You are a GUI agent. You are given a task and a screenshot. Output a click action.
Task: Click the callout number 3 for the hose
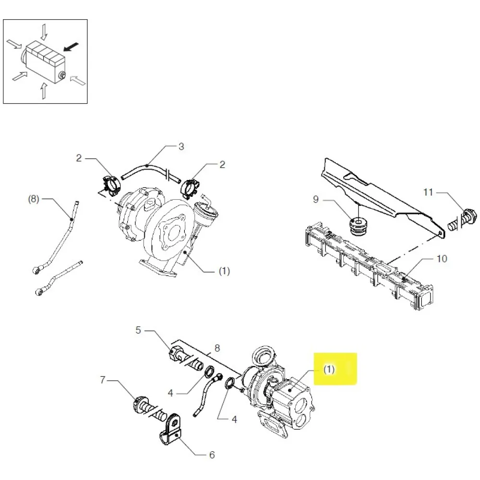[x=181, y=146]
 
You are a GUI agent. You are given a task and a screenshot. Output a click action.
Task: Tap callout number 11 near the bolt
[x=428, y=192]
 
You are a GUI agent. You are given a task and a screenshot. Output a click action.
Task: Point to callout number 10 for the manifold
[x=442, y=259]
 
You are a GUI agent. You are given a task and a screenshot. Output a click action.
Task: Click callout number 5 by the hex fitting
[x=139, y=330]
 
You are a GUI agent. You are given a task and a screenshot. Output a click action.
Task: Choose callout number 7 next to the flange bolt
[x=102, y=381]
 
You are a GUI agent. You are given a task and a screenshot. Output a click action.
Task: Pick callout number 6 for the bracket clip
[x=211, y=455]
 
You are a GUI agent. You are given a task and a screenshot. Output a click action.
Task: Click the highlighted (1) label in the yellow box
[x=329, y=370]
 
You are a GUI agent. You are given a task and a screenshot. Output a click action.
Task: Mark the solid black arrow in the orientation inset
[x=71, y=47]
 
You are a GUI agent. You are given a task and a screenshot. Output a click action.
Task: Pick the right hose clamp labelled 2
[x=190, y=186]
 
